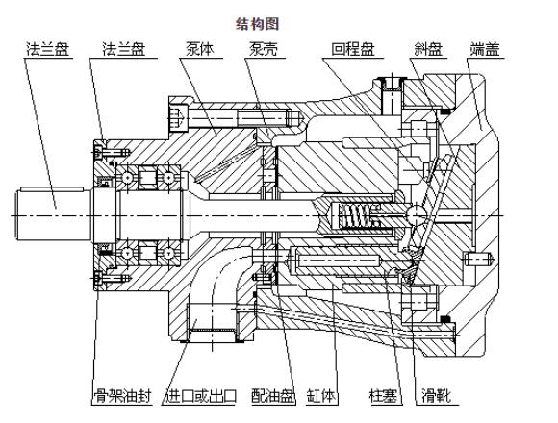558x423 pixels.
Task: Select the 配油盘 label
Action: click(x=268, y=395)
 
